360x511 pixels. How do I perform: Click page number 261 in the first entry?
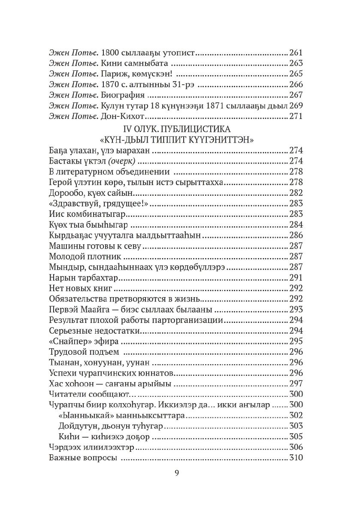point(296,53)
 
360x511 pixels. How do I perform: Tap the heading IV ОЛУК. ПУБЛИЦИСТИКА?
point(177,128)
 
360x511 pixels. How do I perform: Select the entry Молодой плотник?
point(85,256)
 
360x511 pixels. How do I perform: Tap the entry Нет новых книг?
point(81,288)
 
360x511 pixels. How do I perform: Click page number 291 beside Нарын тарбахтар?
point(296,277)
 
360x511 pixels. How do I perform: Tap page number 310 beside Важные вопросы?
point(296,457)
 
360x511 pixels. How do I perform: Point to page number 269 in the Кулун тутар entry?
point(296,106)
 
